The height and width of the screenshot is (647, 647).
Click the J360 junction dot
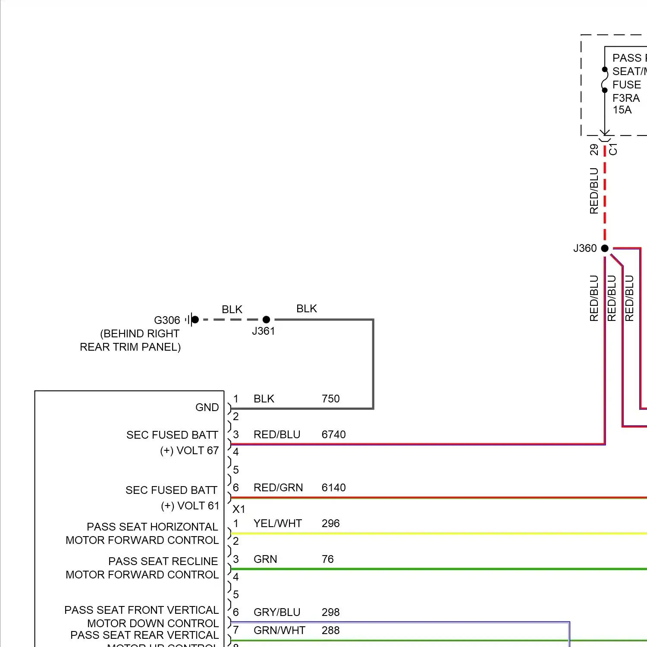pyautogui.click(x=605, y=248)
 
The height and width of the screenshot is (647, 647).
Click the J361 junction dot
pyautogui.click(x=266, y=320)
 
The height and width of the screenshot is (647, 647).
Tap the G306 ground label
pyautogui.click(x=167, y=320)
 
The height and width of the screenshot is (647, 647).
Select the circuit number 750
pyautogui.click(x=331, y=399)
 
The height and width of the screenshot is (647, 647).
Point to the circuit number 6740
pyautogui.click(x=333, y=435)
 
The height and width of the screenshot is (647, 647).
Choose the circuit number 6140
pyautogui.click(x=333, y=488)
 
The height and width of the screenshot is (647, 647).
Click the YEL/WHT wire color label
pyautogui.click(x=278, y=524)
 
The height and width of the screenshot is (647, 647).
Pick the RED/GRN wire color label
pyautogui.click(x=278, y=488)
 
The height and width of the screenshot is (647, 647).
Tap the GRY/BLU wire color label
pyautogui.click(x=277, y=612)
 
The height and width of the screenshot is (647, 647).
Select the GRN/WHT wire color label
pyautogui.click(x=280, y=631)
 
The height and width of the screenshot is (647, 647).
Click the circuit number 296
pyautogui.click(x=331, y=524)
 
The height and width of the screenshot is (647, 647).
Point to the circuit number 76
pyautogui.click(x=328, y=559)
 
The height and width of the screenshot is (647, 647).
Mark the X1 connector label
pyautogui.click(x=239, y=509)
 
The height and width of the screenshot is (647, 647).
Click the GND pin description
pyautogui.click(x=207, y=408)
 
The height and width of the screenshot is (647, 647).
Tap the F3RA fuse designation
pyautogui.click(x=626, y=98)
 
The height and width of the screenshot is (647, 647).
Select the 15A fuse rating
pyautogui.click(x=622, y=110)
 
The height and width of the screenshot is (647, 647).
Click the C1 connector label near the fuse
pyautogui.click(x=613, y=149)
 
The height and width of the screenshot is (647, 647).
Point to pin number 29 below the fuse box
pyautogui.click(x=594, y=150)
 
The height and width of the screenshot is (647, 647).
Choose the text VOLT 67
pyautogui.click(x=198, y=451)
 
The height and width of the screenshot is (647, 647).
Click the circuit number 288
pyautogui.click(x=331, y=631)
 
